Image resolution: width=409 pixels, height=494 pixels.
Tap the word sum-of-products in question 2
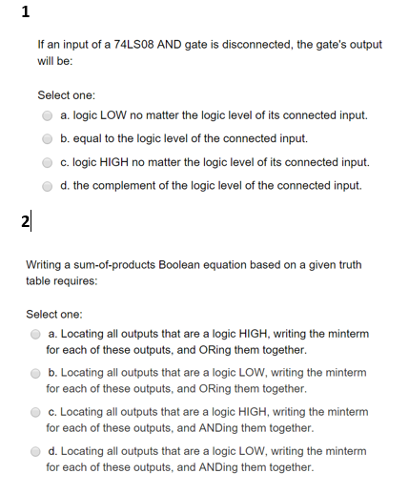[112, 264]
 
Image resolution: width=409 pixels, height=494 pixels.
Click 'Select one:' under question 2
[54, 313]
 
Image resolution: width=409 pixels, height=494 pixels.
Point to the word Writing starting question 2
[45, 264]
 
